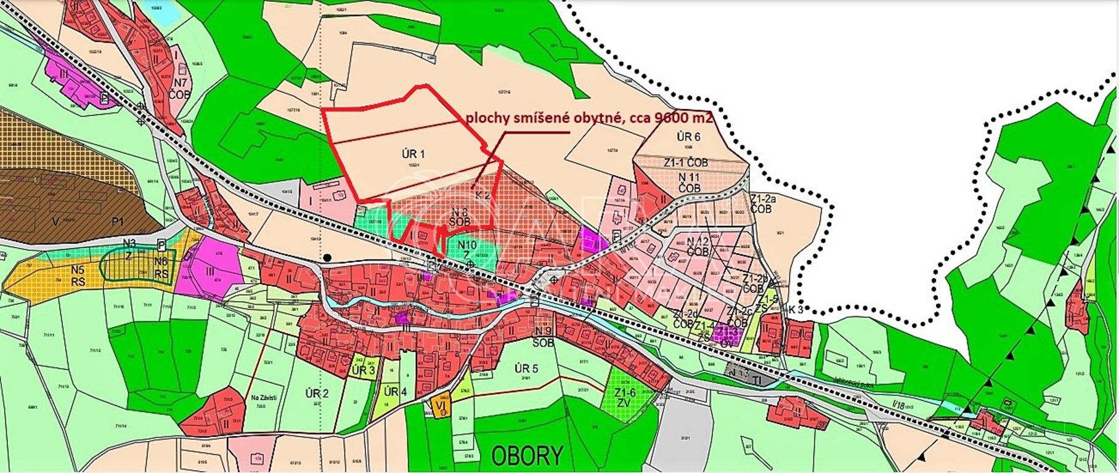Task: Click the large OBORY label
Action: tap(527, 456)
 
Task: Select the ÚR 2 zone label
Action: tap(317, 394)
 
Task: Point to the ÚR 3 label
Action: tap(364, 370)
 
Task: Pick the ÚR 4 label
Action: tap(395, 392)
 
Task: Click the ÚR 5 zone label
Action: tap(526, 369)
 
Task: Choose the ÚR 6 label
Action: tap(688, 137)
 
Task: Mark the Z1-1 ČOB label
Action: tap(686, 163)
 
